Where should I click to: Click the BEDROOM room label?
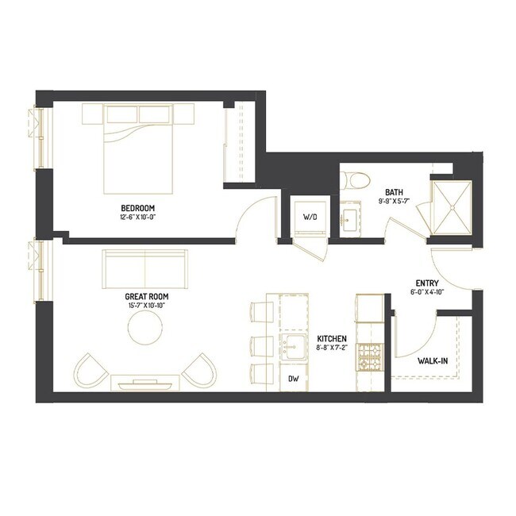click(138, 208)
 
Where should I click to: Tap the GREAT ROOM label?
click(147, 297)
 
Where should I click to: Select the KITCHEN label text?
click(332, 339)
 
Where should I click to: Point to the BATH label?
click(395, 192)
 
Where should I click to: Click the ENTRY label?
click(427, 283)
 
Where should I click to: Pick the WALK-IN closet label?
click(433, 361)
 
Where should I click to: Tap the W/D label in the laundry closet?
click(310, 218)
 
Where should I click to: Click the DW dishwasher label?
click(294, 379)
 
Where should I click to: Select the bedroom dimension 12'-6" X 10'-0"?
click(138, 217)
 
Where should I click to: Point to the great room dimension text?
click(147, 305)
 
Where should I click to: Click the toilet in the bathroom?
click(355, 180)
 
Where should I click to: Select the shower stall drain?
click(452, 208)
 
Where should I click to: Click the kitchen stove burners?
click(371, 358)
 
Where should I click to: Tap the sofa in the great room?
click(145, 270)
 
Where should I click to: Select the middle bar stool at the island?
click(262, 345)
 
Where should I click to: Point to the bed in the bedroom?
click(138, 148)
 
